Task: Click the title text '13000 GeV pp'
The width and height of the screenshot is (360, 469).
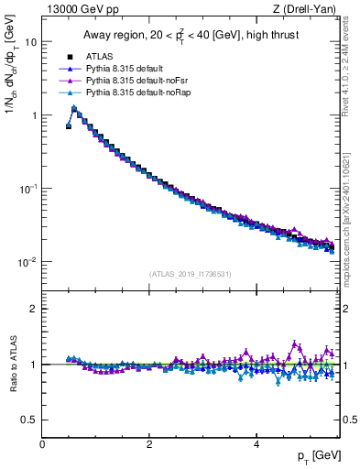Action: tap(76, 9)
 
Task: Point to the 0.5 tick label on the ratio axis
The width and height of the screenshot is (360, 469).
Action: tap(30, 420)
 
